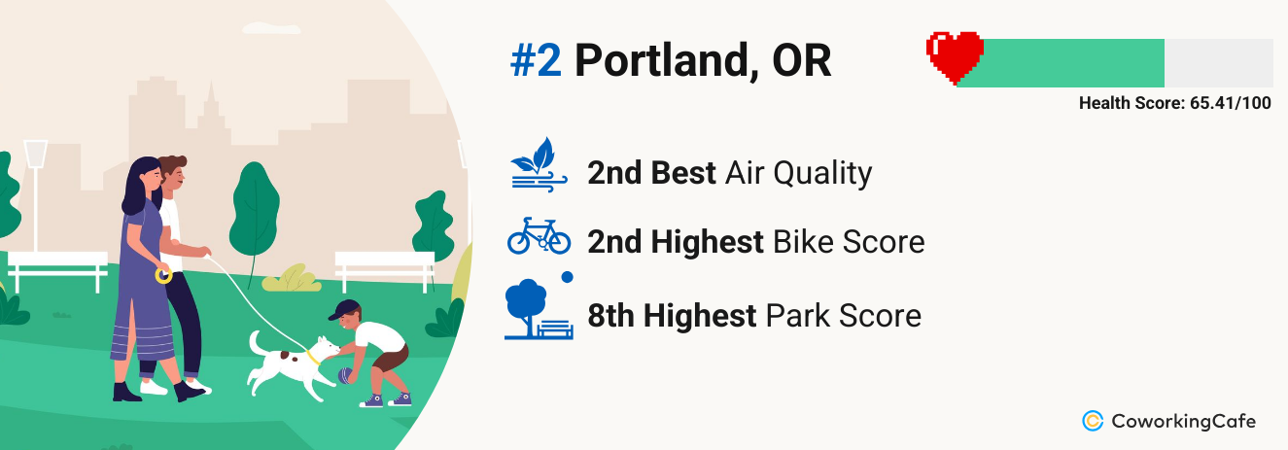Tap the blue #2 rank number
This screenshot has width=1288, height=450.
point(536,60)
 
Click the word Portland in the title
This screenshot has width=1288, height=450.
point(662,60)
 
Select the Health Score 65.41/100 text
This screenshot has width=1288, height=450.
point(1174,103)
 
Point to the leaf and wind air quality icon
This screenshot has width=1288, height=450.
point(539,164)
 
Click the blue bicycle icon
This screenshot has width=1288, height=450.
point(539,236)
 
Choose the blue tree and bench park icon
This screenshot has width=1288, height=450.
point(539,306)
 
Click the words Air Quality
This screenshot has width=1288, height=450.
point(798,173)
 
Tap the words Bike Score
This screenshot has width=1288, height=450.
point(849,241)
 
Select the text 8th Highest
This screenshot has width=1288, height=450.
point(672,316)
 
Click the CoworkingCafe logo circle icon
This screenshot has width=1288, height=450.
point(1093,421)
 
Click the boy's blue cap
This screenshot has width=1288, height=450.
point(344,309)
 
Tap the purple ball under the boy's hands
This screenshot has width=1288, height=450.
point(344,376)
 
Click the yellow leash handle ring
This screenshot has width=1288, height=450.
point(163,275)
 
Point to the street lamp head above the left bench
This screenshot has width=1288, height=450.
point(36,154)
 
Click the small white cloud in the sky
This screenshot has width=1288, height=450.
point(271,27)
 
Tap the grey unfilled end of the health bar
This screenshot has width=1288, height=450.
point(1218,63)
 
